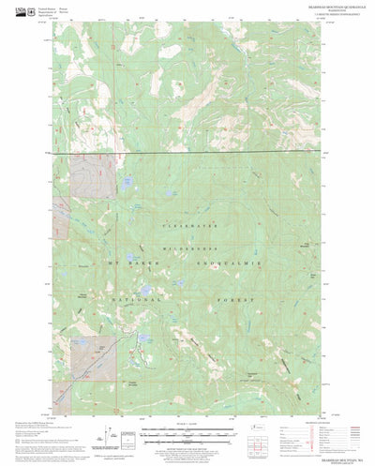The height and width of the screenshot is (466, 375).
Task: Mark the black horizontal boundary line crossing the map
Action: (187, 152)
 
